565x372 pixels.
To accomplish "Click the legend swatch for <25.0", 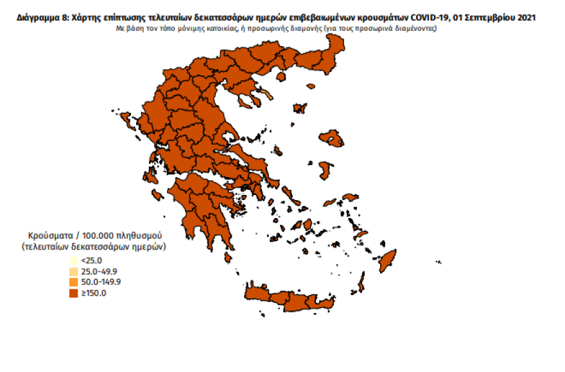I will coord(74,260).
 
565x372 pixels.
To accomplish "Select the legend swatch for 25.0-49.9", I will coord(74,271).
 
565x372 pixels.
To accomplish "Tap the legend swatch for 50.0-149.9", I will coord(74,282).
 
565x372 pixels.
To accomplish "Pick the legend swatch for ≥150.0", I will coord(74,293).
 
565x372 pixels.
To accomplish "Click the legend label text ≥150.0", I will coord(94,293).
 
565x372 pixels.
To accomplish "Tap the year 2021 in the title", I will coord(525,18).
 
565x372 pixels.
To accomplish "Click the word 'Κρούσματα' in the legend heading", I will coord(49,235).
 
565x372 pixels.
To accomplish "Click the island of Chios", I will coord(325,169).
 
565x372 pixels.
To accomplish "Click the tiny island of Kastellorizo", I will coord(439,261).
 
